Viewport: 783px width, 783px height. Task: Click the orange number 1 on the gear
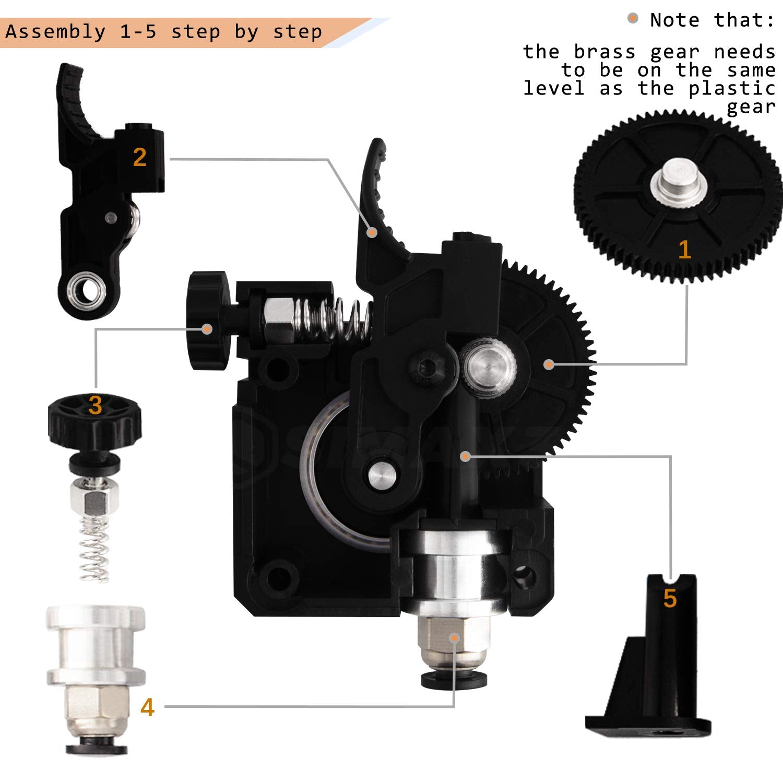[x=684, y=250]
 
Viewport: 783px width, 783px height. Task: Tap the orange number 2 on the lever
[x=139, y=157]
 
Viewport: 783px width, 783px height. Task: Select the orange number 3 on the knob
[x=95, y=406]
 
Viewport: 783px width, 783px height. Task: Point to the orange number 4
[x=148, y=707]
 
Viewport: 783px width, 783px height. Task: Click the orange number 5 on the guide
[x=670, y=598]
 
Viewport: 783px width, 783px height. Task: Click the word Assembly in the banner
[x=55, y=32]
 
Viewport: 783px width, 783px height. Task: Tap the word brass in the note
[x=604, y=52]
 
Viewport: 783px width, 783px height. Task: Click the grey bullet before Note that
[x=633, y=19]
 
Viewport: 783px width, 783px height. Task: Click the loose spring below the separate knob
[x=94, y=548]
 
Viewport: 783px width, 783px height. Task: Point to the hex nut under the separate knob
[x=94, y=501]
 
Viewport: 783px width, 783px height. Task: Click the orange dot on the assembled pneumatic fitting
[x=455, y=637]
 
